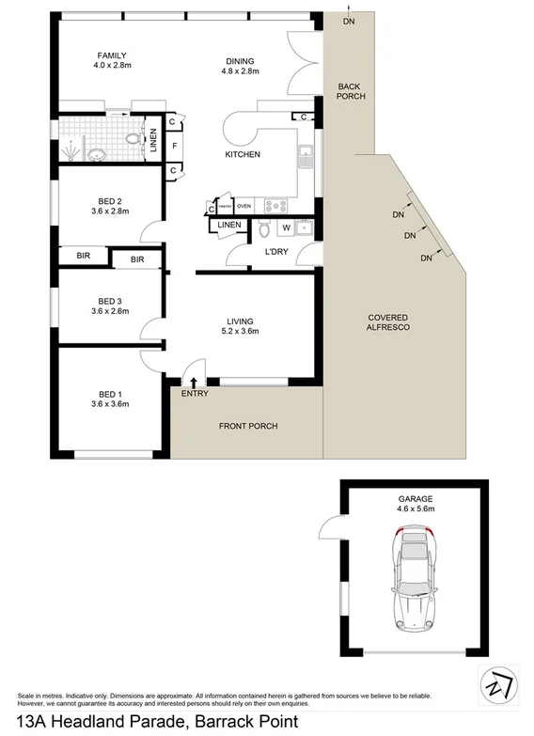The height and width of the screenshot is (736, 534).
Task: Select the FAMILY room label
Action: [x=111, y=60]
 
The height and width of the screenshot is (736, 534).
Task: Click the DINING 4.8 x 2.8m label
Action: [x=238, y=67]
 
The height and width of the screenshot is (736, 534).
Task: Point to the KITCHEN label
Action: [x=242, y=154]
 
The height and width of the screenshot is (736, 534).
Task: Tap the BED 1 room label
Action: [x=111, y=399]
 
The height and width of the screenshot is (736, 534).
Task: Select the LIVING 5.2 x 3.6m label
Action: [x=238, y=325]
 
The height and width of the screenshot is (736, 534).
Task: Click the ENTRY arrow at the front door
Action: [x=195, y=382]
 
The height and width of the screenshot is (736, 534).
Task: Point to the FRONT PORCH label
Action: [x=248, y=426]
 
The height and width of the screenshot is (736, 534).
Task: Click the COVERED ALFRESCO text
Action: [x=386, y=322]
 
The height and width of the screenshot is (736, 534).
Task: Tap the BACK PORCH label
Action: [x=351, y=91]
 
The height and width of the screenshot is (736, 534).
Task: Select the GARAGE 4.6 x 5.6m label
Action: [x=415, y=503]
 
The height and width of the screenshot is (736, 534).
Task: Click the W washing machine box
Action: [x=286, y=227]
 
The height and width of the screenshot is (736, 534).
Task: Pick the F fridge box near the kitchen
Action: [x=174, y=146]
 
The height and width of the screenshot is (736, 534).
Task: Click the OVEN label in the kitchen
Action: [x=243, y=206]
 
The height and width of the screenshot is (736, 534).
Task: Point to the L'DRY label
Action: [x=275, y=252]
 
